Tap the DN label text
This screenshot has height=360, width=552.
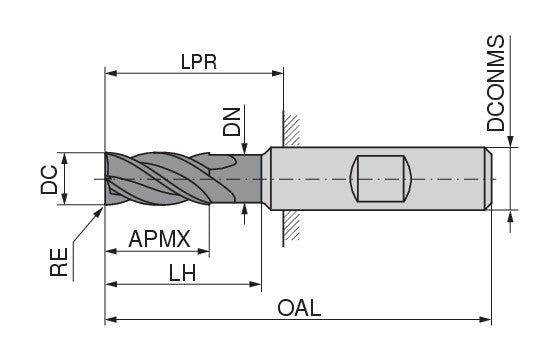(x=231, y=122)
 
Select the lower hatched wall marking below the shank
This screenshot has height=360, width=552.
(x=290, y=229)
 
